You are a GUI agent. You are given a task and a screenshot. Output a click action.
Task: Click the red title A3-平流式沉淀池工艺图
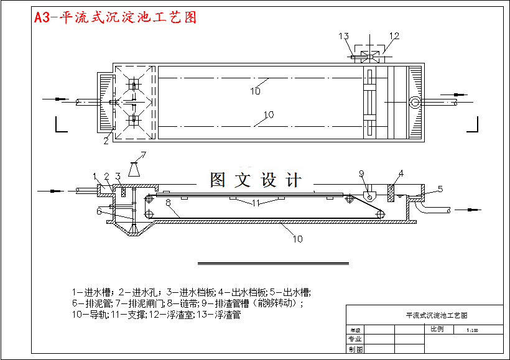tap(116, 17)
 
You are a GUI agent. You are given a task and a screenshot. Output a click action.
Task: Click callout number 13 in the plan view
tap(344, 37)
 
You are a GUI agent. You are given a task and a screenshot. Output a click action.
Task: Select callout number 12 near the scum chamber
tap(394, 37)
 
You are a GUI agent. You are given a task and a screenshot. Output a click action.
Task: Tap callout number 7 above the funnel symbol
tap(142, 155)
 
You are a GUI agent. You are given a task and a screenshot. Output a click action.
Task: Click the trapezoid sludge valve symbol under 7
tap(134, 169)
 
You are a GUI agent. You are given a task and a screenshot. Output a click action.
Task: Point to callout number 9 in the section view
tap(361, 173)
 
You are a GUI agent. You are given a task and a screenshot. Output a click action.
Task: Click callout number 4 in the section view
tap(401, 173)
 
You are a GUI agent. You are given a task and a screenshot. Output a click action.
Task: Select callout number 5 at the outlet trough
tap(440, 188)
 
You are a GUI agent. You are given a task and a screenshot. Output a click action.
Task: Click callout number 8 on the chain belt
tap(168, 202)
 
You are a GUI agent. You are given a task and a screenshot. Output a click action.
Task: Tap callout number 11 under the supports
tap(256, 203)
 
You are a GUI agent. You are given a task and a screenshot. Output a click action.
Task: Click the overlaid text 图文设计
tap(256, 180)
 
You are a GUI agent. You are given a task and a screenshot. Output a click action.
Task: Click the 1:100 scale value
tap(471, 330)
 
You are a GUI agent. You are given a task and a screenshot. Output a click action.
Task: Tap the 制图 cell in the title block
tap(355, 349)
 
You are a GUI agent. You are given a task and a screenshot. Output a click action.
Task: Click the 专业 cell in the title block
tap(355, 339)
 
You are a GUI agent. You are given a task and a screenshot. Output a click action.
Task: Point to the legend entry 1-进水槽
tap(91, 292)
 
